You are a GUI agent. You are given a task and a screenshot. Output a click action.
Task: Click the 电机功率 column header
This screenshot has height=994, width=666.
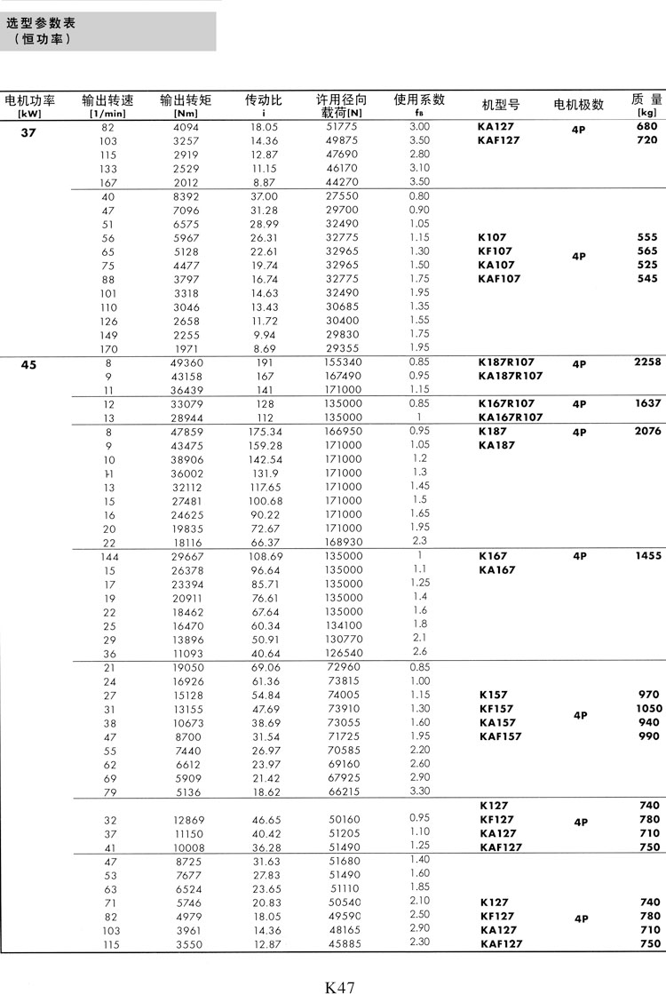[30, 101]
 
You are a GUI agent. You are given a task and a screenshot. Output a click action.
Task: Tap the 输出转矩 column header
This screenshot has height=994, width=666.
[186, 101]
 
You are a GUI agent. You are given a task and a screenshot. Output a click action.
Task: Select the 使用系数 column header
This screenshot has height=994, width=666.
[419, 99]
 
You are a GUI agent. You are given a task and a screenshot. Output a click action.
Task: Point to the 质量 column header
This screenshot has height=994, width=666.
[646, 99]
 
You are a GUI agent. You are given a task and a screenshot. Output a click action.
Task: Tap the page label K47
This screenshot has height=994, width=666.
[340, 984]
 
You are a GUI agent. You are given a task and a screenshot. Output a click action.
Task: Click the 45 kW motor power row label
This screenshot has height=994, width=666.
[28, 363]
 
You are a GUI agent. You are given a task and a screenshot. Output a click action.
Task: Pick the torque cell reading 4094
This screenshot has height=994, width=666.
[186, 127]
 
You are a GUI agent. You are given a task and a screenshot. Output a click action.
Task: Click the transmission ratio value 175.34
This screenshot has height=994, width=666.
[264, 432]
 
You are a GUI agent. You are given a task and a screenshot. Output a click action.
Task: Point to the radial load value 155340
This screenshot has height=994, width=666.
[342, 362]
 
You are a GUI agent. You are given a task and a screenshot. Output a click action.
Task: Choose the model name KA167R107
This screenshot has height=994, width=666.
[511, 417]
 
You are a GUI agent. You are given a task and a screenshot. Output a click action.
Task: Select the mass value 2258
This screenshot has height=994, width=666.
[647, 362]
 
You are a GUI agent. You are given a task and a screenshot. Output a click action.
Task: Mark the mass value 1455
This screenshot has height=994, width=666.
[647, 556]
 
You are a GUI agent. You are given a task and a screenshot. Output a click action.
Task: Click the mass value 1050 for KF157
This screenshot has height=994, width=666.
[648, 708]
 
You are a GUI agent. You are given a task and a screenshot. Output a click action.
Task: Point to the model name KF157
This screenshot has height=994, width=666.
[496, 708]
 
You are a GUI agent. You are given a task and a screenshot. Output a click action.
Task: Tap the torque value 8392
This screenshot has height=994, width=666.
[186, 196]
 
